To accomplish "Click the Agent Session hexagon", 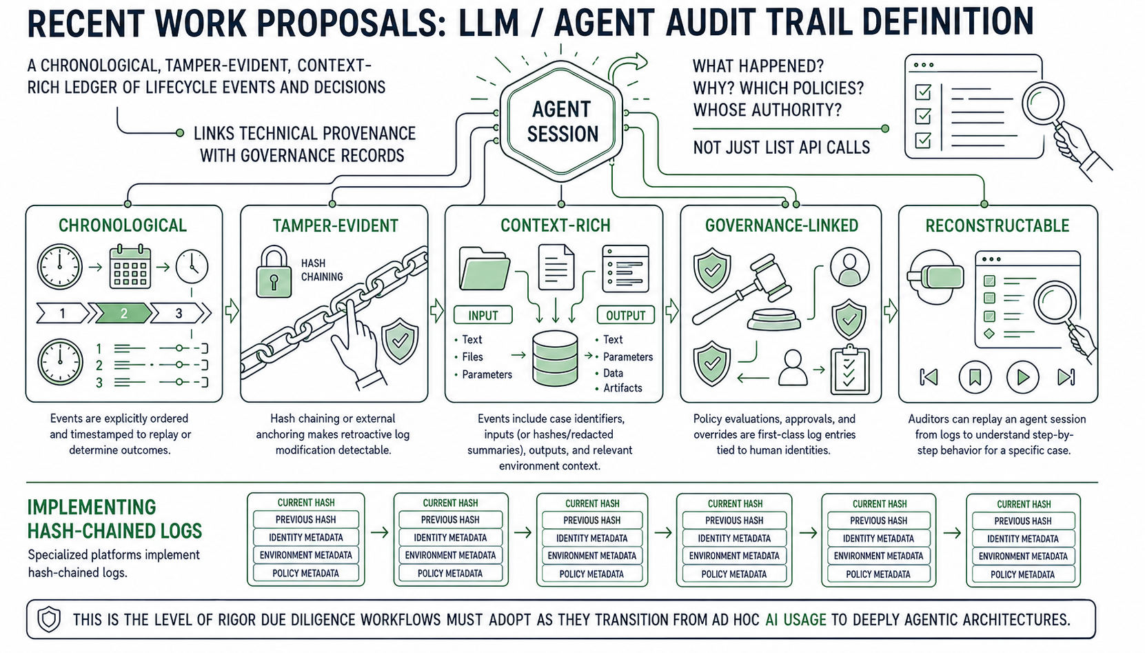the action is [562, 121].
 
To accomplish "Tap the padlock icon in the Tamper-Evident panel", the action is [274, 272].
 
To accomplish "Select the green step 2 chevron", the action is [123, 313].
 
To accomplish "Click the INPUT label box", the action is [483, 315].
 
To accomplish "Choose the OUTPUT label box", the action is [626, 315].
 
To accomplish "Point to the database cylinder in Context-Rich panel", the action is [555, 358].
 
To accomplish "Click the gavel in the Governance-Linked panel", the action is [747, 292].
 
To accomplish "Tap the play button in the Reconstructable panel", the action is [1022, 377].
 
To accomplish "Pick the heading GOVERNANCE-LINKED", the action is [782, 225].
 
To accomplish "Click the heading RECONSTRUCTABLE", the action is [997, 225].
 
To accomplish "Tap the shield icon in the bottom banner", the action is [49, 619].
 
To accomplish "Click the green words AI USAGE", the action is [796, 620].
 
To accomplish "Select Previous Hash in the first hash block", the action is [305, 519].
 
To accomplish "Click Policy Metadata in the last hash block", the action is [1023, 574].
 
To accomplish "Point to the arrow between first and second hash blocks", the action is [379, 533].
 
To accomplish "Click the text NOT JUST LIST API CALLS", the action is [782, 148].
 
